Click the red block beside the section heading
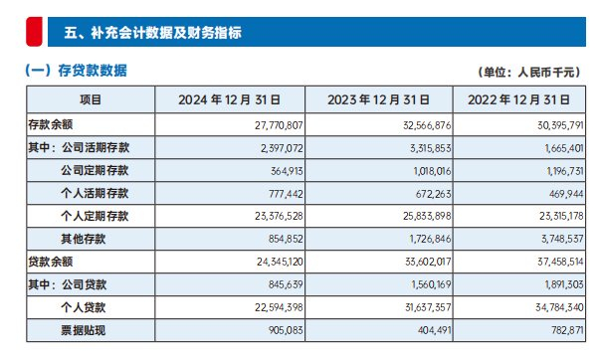point(34,32)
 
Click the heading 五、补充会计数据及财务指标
point(153,33)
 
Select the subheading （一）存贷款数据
point(76,71)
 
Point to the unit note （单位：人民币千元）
point(529,73)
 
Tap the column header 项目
point(91,99)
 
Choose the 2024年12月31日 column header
point(229,100)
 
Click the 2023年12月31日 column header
point(378,100)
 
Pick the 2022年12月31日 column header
point(518,100)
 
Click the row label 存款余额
point(51,124)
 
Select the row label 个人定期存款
point(95,216)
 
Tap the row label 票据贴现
point(83,330)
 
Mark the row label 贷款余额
point(51,262)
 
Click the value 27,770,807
point(279,125)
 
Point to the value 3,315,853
point(431,148)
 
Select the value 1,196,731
point(565,171)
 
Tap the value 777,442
point(286,194)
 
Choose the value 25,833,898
point(427,217)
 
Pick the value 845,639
point(286,285)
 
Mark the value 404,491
point(435,331)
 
